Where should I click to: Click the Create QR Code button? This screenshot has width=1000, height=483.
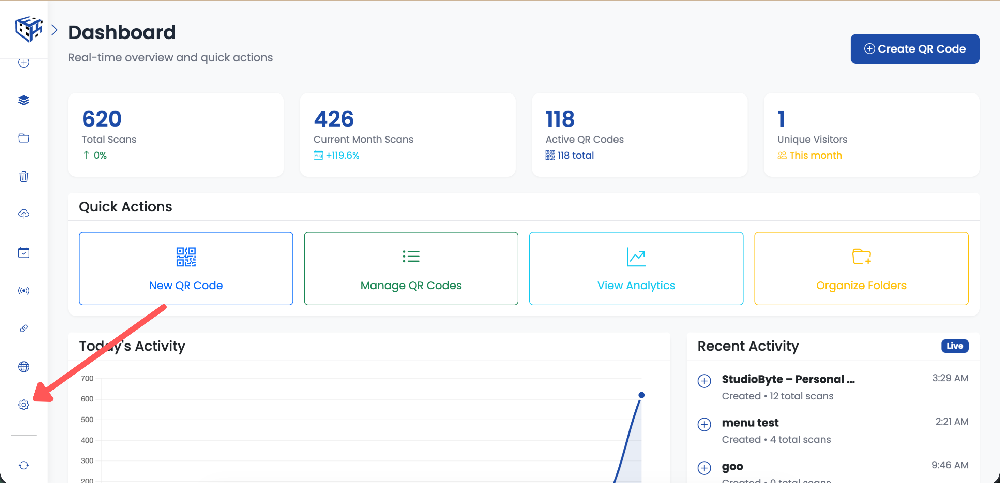tap(914, 49)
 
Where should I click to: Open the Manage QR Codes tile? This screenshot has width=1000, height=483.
tap(411, 268)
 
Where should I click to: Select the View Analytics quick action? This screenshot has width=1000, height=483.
tap(636, 268)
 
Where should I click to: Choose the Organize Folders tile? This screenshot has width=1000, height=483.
tap(861, 268)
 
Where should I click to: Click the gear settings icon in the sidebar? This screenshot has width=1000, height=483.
tap(24, 405)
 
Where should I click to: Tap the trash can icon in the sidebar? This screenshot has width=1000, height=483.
tap(24, 176)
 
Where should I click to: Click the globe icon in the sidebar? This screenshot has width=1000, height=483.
tap(24, 367)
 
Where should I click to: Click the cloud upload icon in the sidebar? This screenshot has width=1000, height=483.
tap(24, 214)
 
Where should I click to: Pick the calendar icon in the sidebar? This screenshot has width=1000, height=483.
tap(24, 252)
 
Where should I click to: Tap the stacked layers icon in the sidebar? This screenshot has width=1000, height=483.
tap(24, 100)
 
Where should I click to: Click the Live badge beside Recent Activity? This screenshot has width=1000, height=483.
tap(954, 346)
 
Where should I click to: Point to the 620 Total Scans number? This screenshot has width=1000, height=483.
tap(102, 119)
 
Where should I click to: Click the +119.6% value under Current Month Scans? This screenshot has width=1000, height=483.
tap(343, 156)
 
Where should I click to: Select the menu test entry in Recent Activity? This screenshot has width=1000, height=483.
tap(750, 423)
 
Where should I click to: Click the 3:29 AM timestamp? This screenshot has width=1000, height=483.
tap(950, 378)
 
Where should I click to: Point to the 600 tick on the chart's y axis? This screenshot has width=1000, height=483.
tap(87, 399)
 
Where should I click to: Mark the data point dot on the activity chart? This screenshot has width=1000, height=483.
tap(641, 395)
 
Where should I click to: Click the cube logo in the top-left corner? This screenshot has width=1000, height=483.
tap(28, 29)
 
